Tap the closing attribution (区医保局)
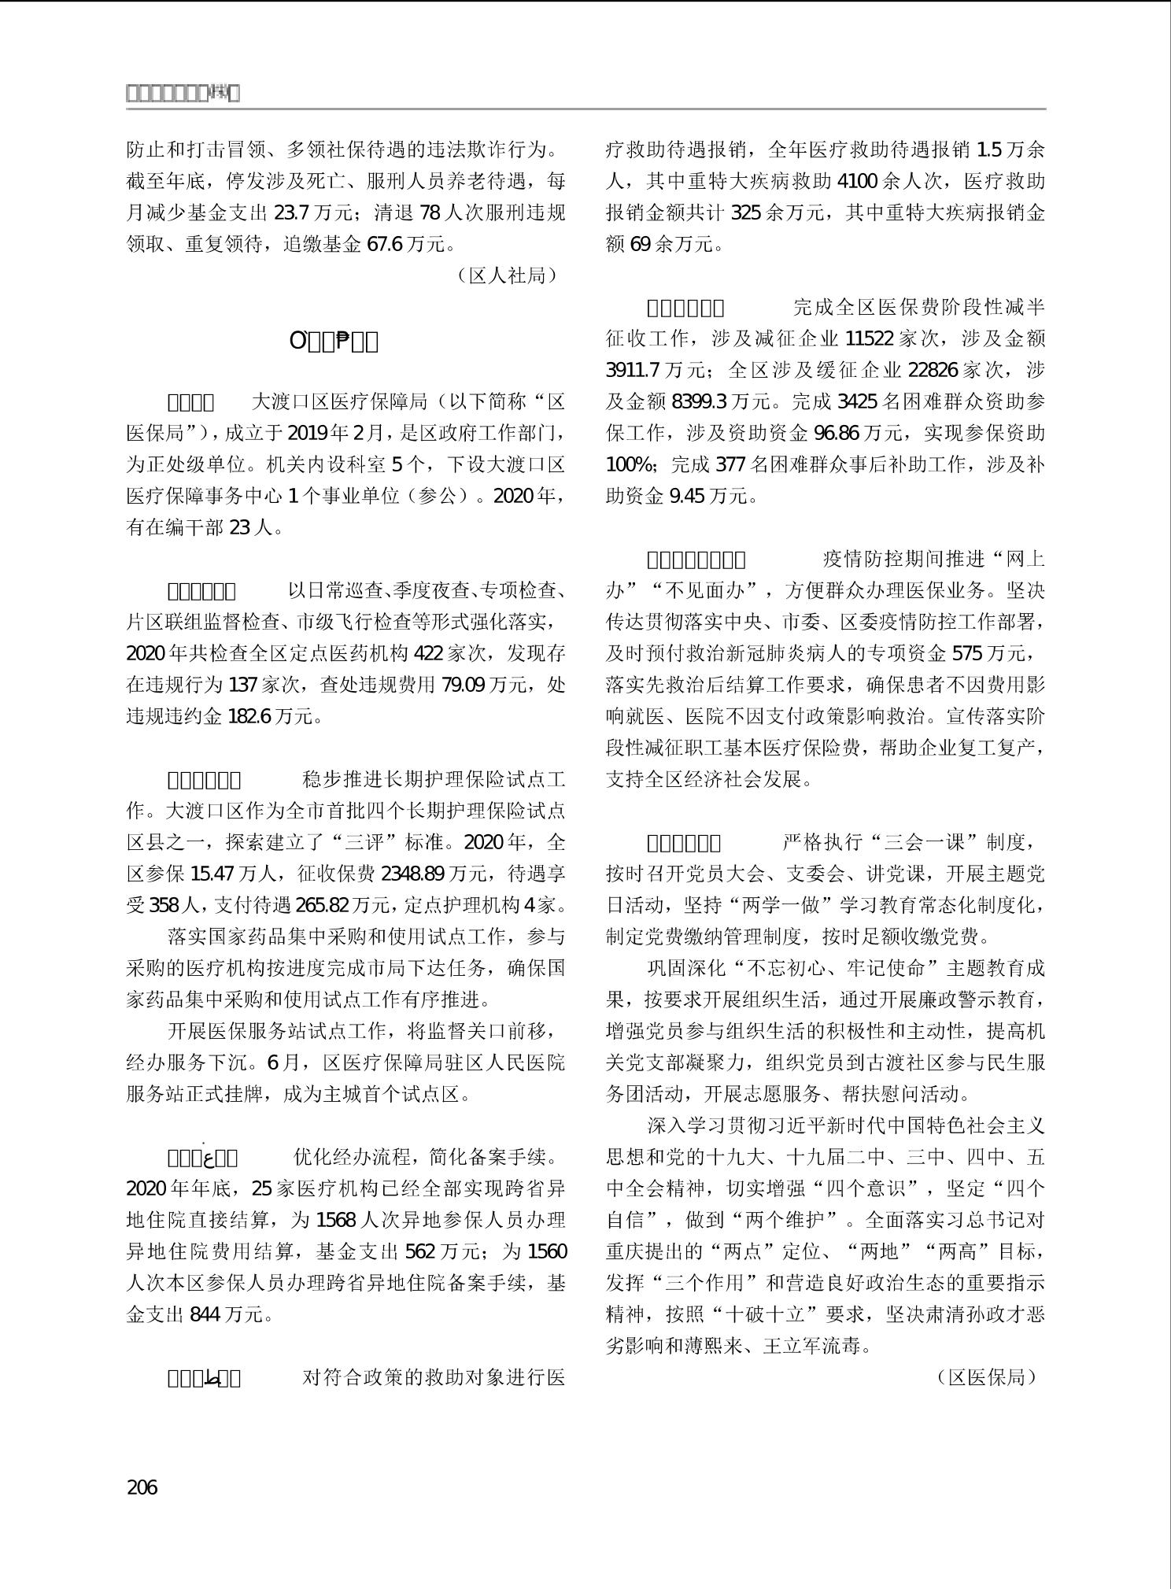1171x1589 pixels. pyautogui.click(x=987, y=1377)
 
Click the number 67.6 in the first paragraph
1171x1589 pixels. pyautogui.click(x=385, y=244)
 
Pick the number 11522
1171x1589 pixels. pyautogui.click(x=869, y=338)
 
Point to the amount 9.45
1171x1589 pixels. pyautogui.click(x=688, y=496)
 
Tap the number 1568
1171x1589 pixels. pyautogui.click(x=335, y=1220)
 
